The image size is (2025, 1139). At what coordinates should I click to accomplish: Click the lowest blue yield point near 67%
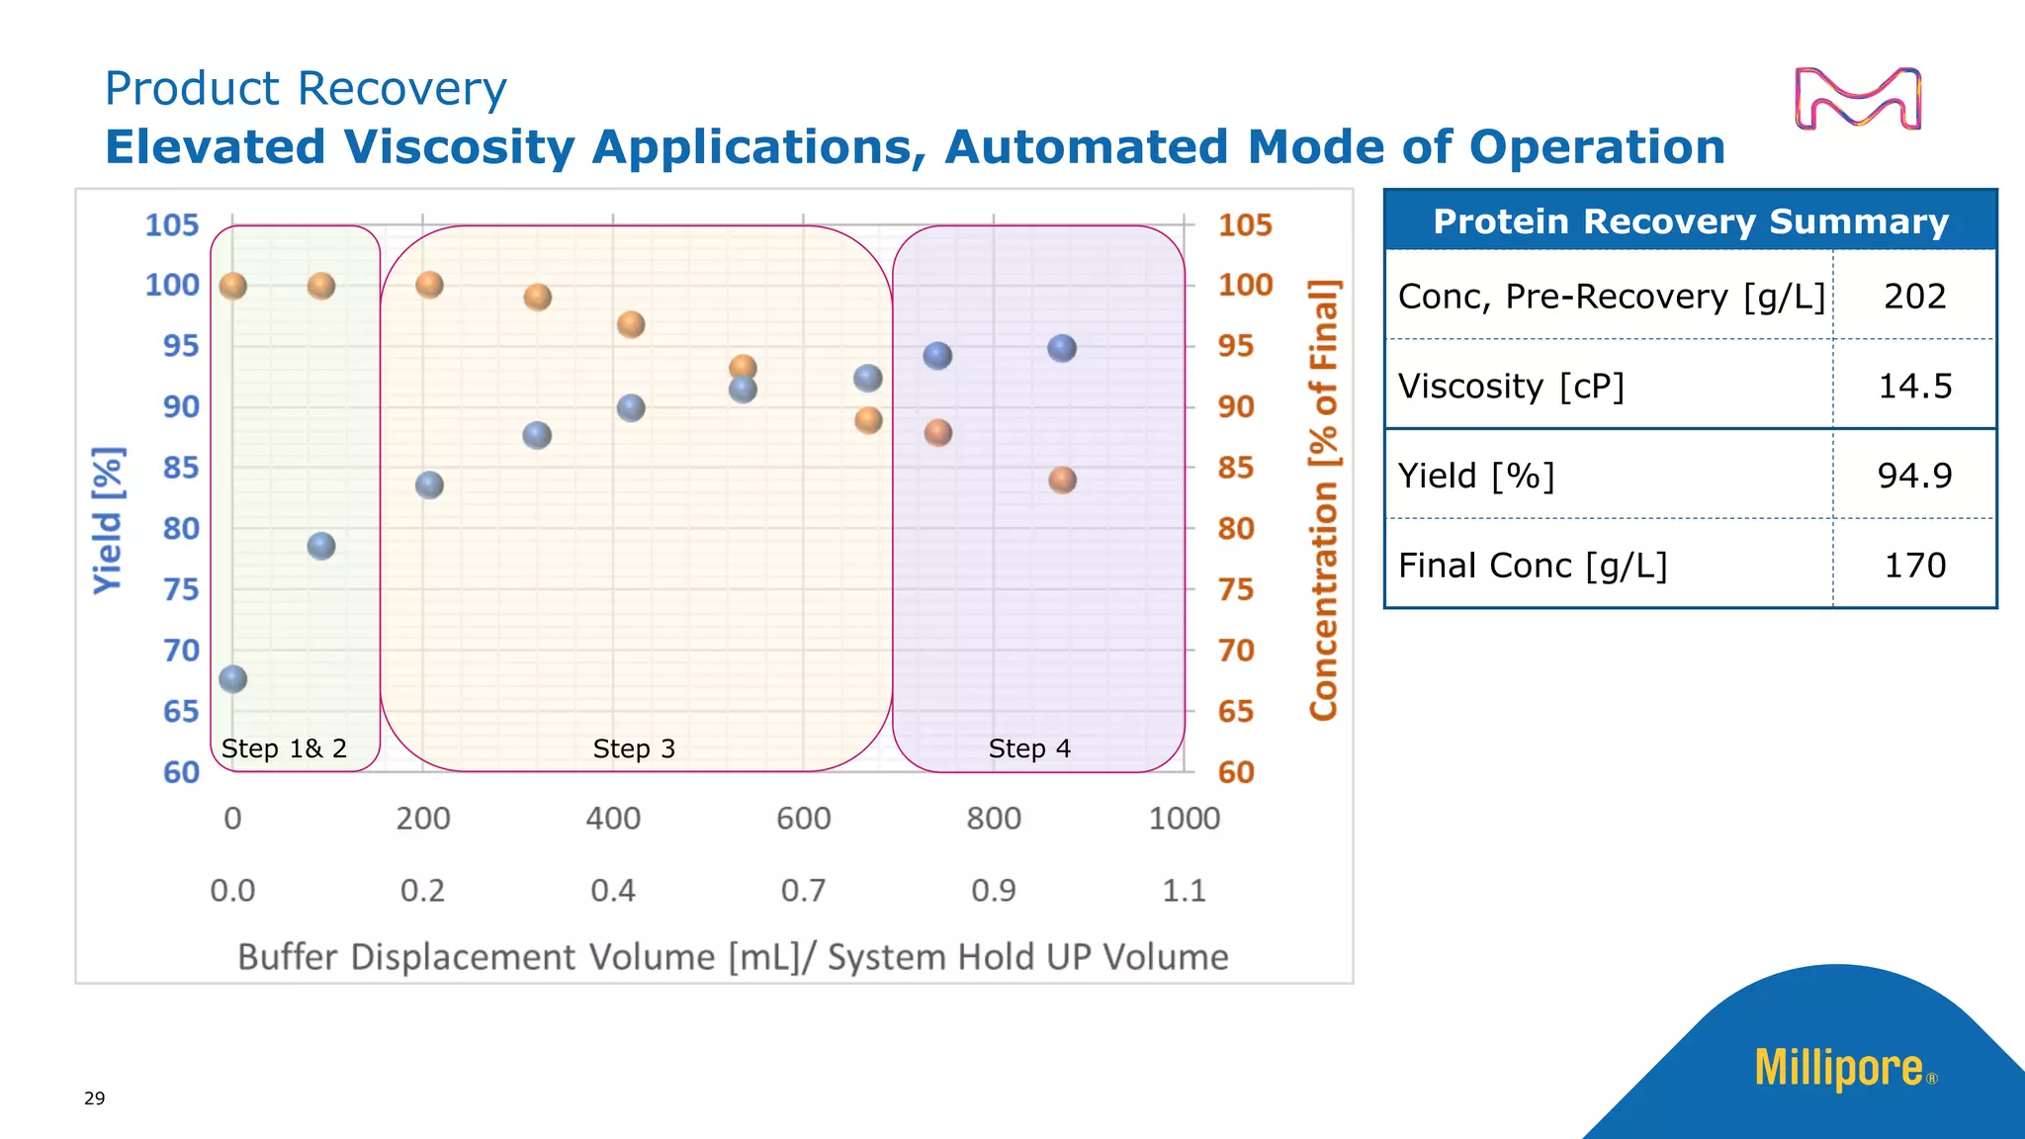click(232, 678)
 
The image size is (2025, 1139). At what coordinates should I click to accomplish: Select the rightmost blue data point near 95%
click(1061, 348)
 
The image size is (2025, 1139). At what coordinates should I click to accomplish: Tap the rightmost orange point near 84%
click(1062, 481)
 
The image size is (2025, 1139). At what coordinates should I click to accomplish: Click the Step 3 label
click(634, 748)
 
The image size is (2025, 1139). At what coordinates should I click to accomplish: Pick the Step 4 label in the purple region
click(1029, 748)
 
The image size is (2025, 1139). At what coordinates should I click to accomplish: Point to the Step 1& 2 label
click(284, 748)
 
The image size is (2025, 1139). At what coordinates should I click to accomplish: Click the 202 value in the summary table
click(1914, 296)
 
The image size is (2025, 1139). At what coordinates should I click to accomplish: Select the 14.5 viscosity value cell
click(1914, 386)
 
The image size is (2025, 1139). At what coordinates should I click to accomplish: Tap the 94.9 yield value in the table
click(1914, 476)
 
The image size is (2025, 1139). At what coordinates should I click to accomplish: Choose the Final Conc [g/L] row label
click(1532, 566)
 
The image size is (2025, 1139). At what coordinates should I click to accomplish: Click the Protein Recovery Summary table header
click(1690, 221)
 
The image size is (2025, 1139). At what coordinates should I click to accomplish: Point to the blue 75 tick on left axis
click(181, 589)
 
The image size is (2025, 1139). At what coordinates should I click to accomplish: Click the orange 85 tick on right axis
click(1236, 467)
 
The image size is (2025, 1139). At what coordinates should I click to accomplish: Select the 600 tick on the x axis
click(803, 819)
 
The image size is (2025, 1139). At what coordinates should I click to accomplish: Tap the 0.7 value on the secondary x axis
click(803, 891)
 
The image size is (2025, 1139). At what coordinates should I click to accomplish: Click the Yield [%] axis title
click(108, 520)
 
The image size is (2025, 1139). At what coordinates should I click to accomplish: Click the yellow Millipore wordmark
click(1838, 1069)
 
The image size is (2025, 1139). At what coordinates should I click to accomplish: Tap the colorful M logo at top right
click(1857, 99)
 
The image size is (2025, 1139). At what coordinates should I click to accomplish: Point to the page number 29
click(94, 1097)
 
